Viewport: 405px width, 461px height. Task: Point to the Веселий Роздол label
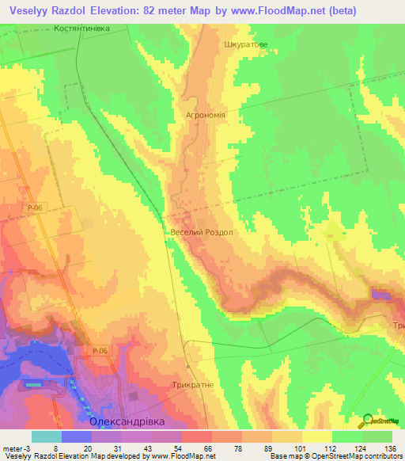[202, 232]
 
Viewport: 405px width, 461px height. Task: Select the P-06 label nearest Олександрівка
[99, 351]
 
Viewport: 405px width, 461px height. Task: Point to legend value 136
[390, 448]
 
